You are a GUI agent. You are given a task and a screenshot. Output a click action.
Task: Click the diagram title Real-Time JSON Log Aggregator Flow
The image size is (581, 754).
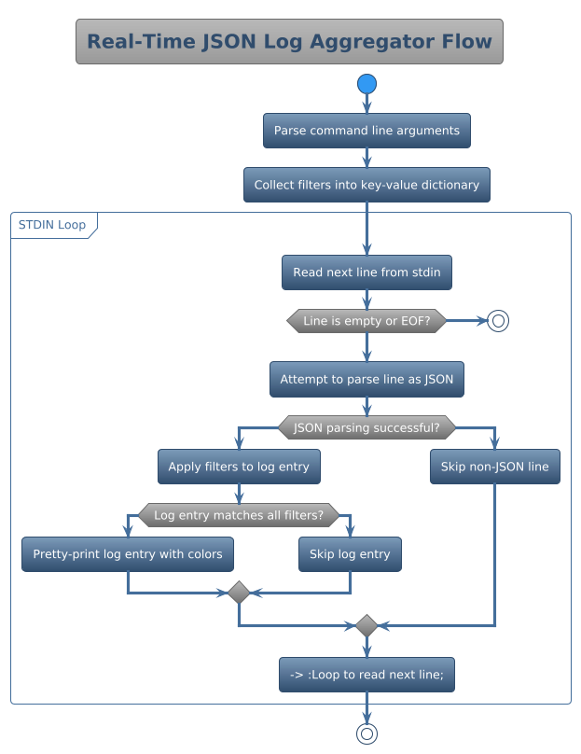pos(289,42)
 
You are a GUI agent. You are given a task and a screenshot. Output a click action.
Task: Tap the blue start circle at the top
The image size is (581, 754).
pos(367,85)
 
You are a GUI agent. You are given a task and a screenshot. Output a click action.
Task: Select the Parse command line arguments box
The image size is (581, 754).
pos(367,131)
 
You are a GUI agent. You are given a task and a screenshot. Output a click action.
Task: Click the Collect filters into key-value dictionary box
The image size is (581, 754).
pos(367,185)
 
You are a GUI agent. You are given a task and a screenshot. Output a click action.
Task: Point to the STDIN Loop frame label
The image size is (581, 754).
pos(52,225)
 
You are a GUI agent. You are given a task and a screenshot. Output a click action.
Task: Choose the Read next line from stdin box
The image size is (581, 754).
pos(367,272)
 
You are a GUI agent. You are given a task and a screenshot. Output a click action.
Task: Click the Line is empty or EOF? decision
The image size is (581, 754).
pos(367,321)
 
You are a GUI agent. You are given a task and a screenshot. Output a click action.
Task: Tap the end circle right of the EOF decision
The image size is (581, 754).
pos(498,321)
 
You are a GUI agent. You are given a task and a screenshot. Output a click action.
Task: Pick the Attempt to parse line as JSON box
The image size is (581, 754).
pos(367,380)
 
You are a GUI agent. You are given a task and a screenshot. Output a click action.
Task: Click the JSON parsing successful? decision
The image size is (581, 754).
pos(367,428)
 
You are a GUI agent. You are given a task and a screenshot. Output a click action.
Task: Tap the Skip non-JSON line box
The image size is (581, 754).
pos(494,467)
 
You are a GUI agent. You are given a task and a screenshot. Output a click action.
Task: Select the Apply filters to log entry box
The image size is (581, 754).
pos(239,467)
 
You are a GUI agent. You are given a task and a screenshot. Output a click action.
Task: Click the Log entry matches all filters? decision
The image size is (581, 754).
pos(239,515)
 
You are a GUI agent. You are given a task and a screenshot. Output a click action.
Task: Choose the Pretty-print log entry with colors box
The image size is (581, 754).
pos(128,554)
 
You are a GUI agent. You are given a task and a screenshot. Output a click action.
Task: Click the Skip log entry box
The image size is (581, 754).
pos(350,554)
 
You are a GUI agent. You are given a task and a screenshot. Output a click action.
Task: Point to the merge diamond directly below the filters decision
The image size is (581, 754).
pos(239,593)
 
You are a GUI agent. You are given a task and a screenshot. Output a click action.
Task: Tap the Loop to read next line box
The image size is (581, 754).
pos(367,674)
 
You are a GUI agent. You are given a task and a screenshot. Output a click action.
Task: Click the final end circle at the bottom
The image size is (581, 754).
pos(367,733)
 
